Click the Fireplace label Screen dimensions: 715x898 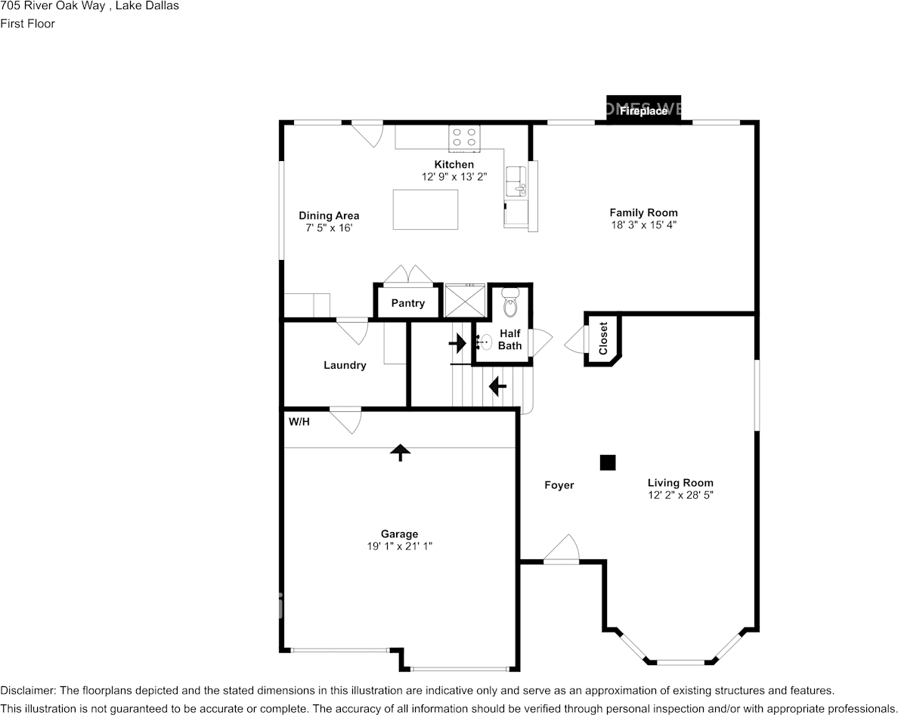(644, 111)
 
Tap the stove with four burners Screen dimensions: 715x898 (464, 137)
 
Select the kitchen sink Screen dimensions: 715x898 (518, 181)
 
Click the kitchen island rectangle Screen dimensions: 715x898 (426, 209)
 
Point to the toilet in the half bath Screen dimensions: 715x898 (510, 304)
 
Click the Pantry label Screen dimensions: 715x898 (407, 303)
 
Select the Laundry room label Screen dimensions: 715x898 (345, 365)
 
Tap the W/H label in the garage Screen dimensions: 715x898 (299, 422)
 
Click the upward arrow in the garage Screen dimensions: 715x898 (400, 452)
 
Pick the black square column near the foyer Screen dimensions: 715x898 (608, 463)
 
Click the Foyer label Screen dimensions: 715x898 (559, 485)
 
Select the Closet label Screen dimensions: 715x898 (603, 339)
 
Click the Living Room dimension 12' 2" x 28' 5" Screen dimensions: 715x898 (680, 495)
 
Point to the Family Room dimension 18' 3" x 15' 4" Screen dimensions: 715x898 (643, 224)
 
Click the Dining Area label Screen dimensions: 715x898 (329, 215)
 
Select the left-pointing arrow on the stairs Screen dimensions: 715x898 (497, 387)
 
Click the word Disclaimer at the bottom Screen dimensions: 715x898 (27, 690)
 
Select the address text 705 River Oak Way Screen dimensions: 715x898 (51, 6)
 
